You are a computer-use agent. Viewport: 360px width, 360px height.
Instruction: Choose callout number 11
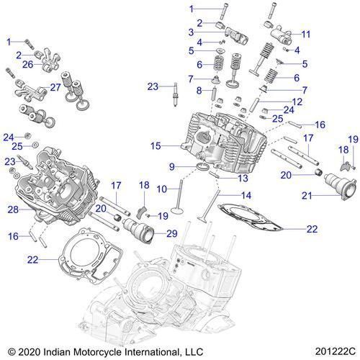click(x=306, y=34)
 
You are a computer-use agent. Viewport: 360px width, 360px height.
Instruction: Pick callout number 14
click(x=247, y=196)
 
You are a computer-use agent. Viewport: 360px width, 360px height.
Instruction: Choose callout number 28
click(x=12, y=209)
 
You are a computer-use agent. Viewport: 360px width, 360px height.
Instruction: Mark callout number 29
click(x=171, y=234)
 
